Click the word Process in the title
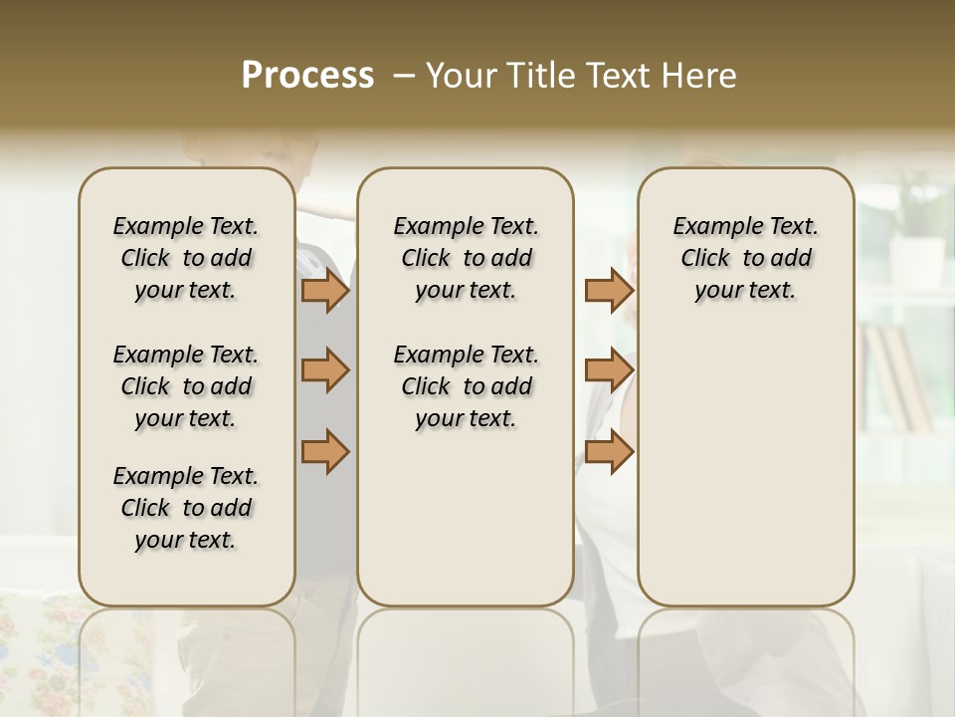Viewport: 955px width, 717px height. tap(307, 76)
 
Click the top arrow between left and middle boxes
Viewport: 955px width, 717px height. tap(324, 291)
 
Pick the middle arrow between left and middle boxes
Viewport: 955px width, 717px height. tap(324, 370)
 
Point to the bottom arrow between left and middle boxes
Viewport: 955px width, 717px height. tap(324, 450)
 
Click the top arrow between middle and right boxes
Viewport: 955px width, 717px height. tap(609, 291)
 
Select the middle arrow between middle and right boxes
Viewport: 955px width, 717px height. tap(609, 370)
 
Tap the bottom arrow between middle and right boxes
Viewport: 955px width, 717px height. tap(609, 450)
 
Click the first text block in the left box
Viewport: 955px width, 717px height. tap(186, 258)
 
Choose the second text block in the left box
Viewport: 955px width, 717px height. tap(186, 386)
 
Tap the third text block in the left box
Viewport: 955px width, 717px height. tap(186, 508)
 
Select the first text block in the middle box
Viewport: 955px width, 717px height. tap(466, 258)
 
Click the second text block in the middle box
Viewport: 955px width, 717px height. tap(466, 386)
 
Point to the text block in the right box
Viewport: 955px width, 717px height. tap(745, 258)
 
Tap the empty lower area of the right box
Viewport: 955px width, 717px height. tap(745, 468)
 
